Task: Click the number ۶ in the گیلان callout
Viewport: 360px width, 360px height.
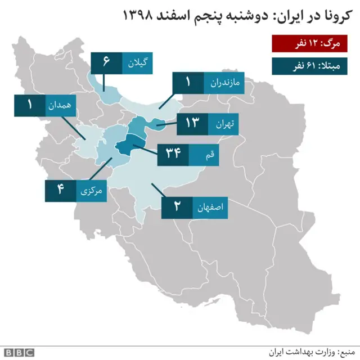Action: pos(106,62)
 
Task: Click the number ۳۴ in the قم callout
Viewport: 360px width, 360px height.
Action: pos(173,154)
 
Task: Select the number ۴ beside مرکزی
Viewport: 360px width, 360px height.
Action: pos(59,190)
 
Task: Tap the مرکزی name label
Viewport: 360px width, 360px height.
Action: pos(92,190)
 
